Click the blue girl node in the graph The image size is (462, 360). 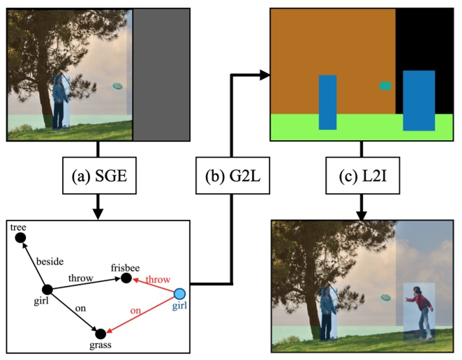click(179, 294)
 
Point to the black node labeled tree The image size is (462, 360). click(21, 239)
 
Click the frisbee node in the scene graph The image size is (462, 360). click(126, 278)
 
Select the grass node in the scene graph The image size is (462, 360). click(100, 333)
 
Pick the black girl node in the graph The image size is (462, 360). click(47, 290)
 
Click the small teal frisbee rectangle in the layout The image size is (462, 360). click(385, 86)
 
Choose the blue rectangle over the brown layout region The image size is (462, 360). click(327, 103)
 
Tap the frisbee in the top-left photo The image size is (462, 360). click(117, 86)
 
